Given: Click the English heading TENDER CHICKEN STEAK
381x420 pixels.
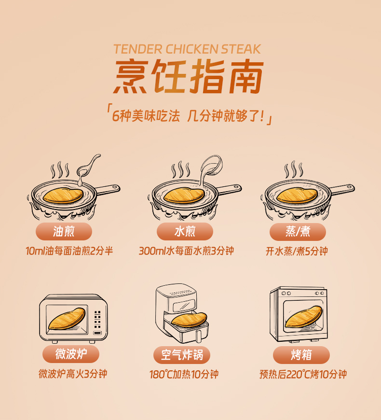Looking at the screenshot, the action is [x=187, y=49].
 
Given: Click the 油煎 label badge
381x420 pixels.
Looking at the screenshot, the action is [x=64, y=231].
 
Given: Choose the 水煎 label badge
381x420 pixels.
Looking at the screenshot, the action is [x=185, y=231].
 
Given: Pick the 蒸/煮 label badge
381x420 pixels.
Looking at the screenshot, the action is [x=298, y=232].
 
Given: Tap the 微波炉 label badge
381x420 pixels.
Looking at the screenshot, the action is [x=71, y=354].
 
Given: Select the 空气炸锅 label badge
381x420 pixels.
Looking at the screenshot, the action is [x=182, y=355].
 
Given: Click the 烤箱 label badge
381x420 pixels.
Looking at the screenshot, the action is [x=301, y=355].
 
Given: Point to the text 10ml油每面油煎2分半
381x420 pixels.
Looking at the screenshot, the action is [x=69, y=251].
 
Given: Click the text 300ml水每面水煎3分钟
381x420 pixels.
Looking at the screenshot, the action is [x=187, y=251].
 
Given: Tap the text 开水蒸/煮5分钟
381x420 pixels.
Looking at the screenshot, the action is [x=297, y=251].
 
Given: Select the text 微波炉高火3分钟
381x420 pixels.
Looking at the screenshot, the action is [x=73, y=374].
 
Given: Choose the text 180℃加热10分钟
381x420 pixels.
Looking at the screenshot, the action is [x=184, y=374].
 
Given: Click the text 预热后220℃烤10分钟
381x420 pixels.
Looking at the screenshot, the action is [x=303, y=374].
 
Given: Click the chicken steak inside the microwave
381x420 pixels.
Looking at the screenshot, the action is [x=67, y=319].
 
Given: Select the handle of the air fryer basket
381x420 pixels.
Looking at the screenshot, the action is [x=198, y=336].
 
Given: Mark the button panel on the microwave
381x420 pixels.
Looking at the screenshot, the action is [x=97, y=320].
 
